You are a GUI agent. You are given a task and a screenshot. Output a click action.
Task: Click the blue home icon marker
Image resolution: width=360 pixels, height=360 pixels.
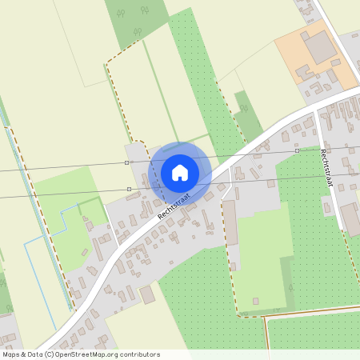coord(180,171)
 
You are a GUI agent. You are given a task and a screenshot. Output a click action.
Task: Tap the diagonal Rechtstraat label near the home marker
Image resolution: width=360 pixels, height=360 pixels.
coord(171,206)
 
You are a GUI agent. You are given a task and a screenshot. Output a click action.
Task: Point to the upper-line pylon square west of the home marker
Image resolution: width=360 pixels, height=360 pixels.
coord(126,162)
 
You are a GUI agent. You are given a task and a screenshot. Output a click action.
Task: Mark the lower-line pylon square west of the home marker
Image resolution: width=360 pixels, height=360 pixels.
coord(129,190)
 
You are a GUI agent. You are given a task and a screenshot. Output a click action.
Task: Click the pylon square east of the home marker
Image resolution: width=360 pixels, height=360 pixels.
coord(297,150)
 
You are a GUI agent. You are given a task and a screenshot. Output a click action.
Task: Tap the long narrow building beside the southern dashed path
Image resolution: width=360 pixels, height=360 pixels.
coord(230,223)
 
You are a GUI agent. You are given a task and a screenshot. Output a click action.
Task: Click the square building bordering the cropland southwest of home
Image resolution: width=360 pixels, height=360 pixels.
coord(147,295)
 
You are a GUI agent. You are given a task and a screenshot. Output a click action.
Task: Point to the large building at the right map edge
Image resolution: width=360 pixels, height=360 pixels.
coord(350,218)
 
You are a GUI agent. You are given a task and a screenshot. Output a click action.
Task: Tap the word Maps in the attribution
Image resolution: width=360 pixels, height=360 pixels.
coord(11,354)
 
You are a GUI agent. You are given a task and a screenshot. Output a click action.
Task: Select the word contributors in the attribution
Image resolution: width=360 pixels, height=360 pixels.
coord(138,354)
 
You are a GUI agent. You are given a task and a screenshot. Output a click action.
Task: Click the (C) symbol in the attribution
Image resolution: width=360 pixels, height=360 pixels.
coord(49,354)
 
